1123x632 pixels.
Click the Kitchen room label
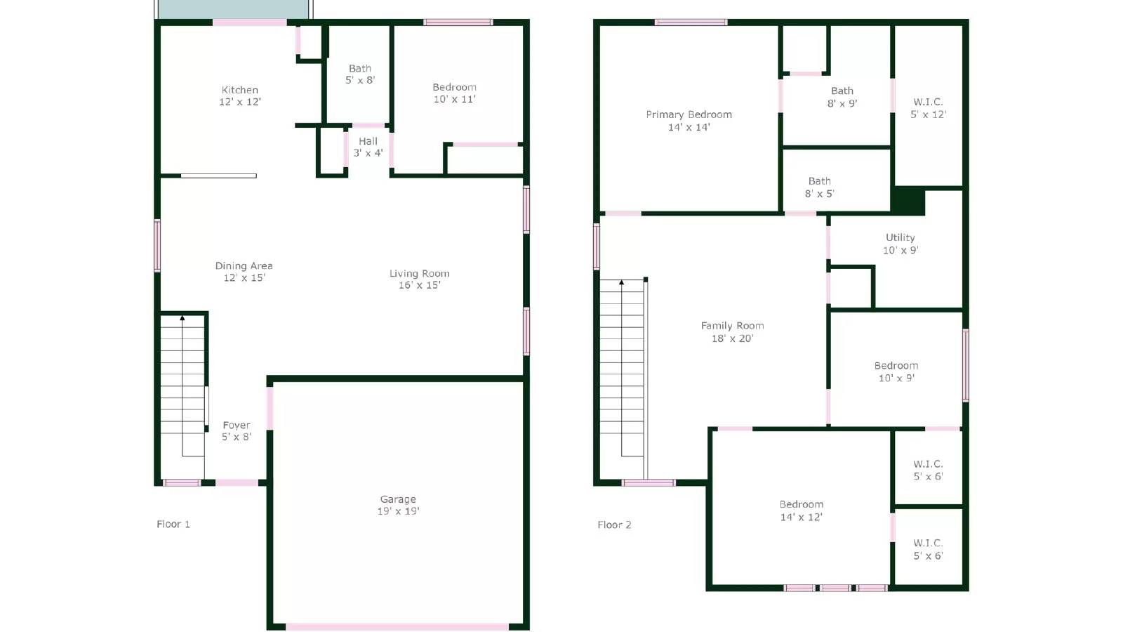pos(240,90)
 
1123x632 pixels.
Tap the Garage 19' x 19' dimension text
pos(398,511)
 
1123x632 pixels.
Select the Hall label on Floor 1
pos(368,141)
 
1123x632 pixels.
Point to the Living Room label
pos(420,273)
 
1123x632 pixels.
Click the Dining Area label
pos(244,265)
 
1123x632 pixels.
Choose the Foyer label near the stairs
pos(237,425)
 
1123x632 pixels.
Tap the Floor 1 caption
pos(173,524)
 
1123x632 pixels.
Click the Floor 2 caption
pos(614,525)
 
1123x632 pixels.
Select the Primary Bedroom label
pos(689,114)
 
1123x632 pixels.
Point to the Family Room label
pos(732,326)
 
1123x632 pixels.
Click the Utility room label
pos(900,237)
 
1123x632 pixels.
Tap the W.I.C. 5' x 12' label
pos(928,108)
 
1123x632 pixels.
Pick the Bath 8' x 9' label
pos(842,97)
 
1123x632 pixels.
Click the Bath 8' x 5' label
pos(819,187)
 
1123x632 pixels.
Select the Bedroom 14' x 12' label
pos(801,511)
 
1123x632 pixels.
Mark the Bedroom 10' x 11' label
pos(454,93)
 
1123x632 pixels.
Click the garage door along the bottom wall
pos(397,626)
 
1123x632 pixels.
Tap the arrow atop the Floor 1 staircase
pos(182,318)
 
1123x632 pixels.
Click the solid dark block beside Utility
pos(908,201)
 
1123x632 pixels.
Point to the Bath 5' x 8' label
pos(360,74)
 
